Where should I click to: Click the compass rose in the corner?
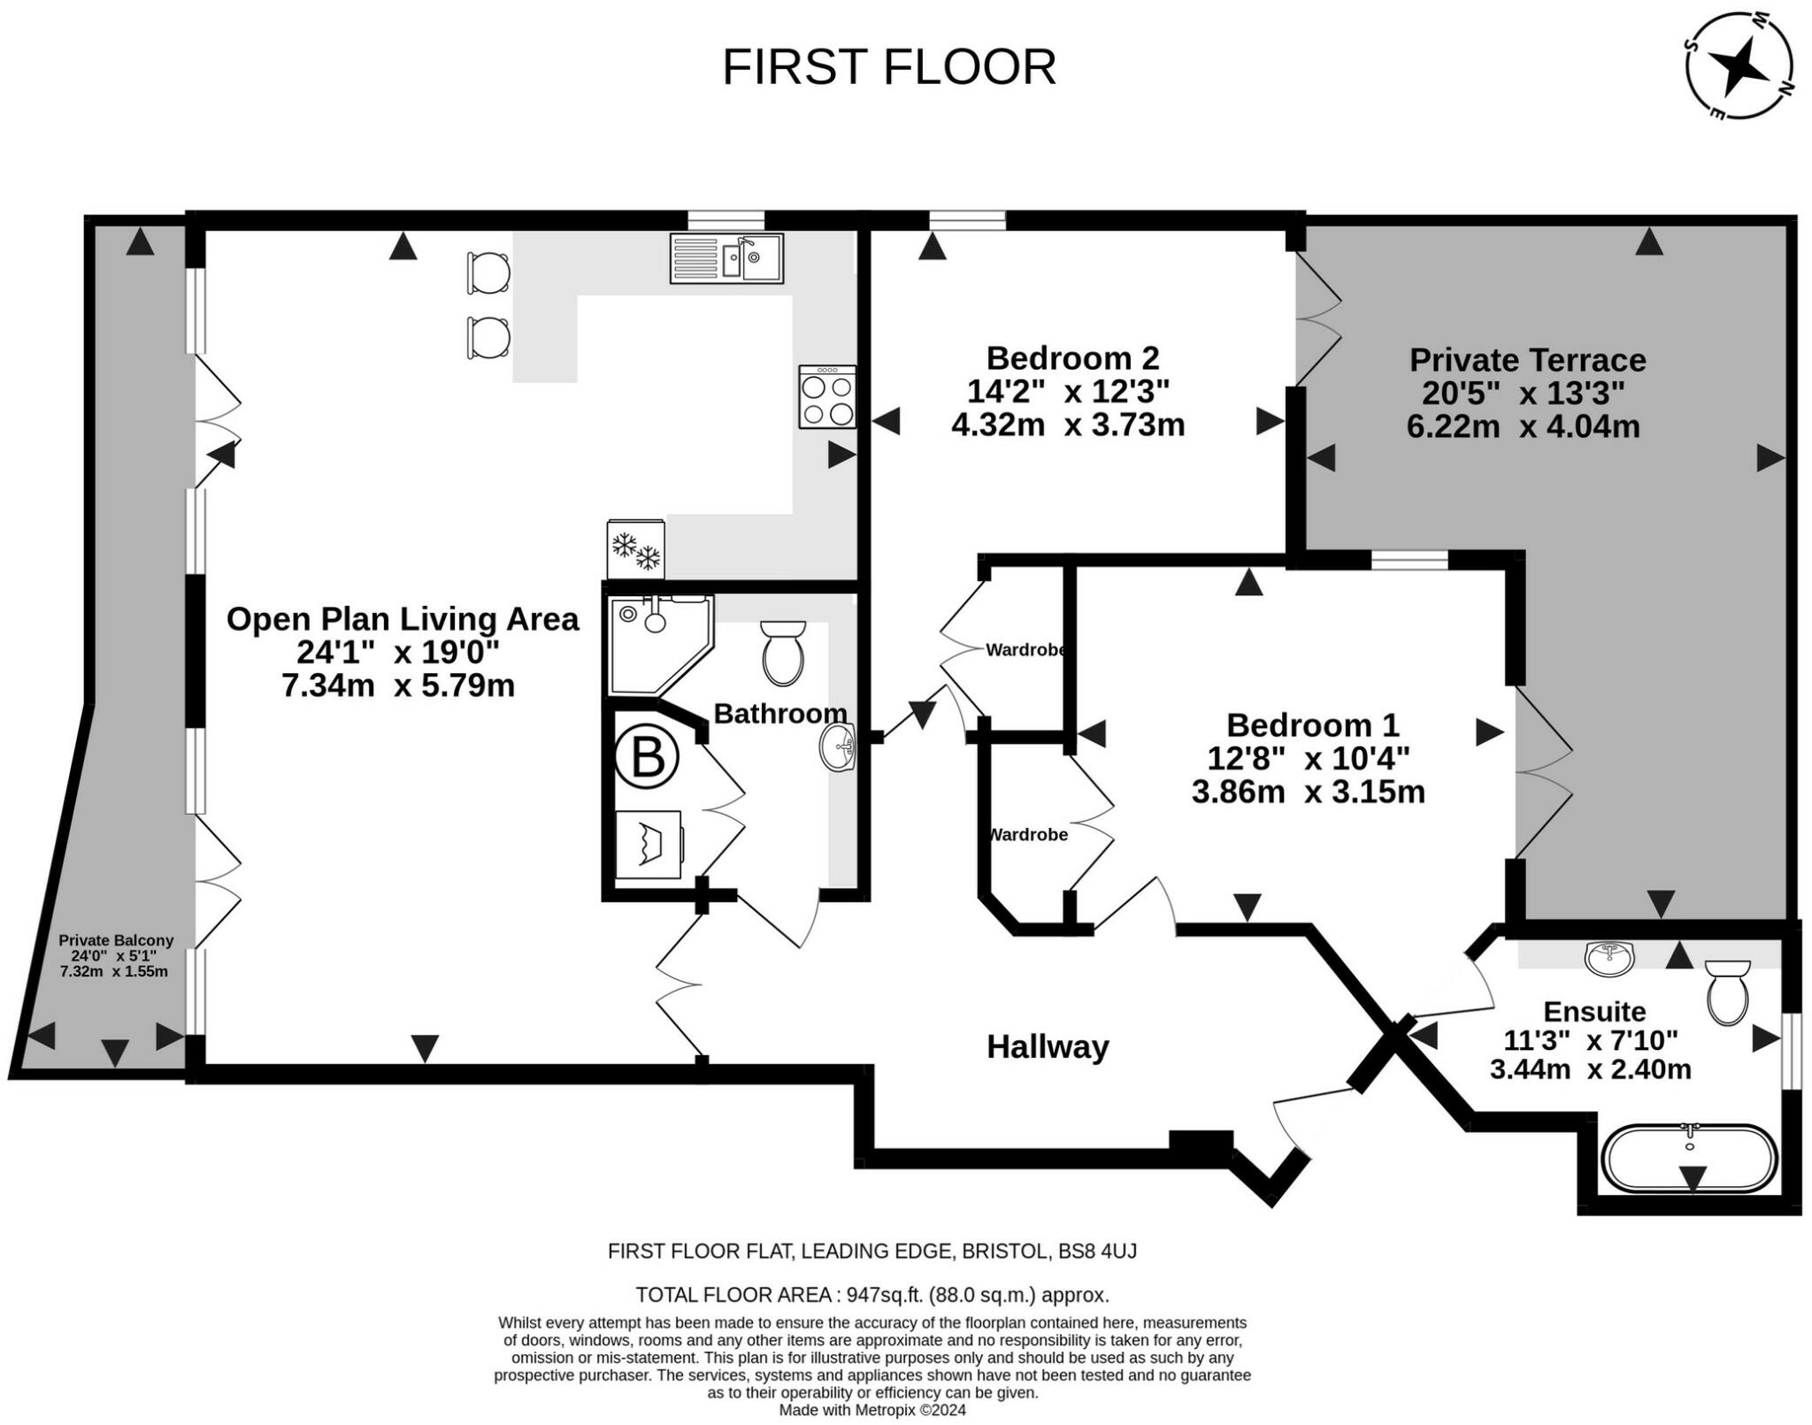click(x=1739, y=65)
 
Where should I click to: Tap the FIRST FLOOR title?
click(x=889, y=67)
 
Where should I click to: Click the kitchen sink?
click(x=726, y=258)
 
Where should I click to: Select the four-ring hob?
click(x=827, y=397)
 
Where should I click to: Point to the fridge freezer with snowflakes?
click(x=635, y=549)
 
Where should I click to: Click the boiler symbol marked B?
click(x=647, y=758)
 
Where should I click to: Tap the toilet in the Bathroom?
click(x=783, y=653)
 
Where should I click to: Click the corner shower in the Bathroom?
click(x=660, y=644)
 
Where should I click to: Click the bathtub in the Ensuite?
click(x=1690, y=1158)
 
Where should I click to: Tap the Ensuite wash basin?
click(x=1609, y=958)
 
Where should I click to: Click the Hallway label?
click(x=1048, y=1047)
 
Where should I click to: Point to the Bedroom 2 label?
click(x=1072, y=358)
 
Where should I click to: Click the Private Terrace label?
click(x=1527, y=360)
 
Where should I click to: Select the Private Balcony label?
click(x=116, y=940)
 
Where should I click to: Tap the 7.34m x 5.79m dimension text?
click(x=398, y=686)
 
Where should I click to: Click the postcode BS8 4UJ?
click(x=1098, y=1252)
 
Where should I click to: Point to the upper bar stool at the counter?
click(x=488, y=272)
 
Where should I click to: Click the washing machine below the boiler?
click(x=649, y=845)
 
